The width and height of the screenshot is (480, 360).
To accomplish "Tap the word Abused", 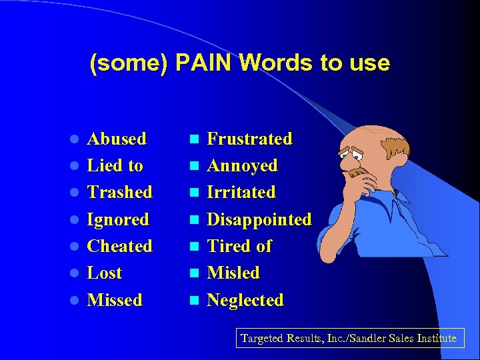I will pos(117,139).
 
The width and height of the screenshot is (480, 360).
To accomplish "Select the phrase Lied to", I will pos(115,166).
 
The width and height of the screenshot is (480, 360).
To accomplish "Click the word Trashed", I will pos(119,193).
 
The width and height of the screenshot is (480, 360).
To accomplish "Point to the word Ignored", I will pos(118,219).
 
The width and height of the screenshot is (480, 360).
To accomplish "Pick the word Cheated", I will pos(119,246).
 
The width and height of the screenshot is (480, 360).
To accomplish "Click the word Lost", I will pos(105,273).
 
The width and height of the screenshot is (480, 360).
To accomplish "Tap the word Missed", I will pos(115,300).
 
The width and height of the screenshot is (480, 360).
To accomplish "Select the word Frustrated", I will pos(249,139).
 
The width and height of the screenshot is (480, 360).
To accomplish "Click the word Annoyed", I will pos(242,166).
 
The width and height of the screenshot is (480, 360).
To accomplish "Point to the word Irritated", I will pos(241,193).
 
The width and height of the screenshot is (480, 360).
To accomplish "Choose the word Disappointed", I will pos(259,219).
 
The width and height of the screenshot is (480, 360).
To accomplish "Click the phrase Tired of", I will pos(239,246).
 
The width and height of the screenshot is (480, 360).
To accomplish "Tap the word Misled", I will pos(233,273).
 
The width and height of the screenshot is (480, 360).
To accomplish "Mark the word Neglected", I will pos(245,300).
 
